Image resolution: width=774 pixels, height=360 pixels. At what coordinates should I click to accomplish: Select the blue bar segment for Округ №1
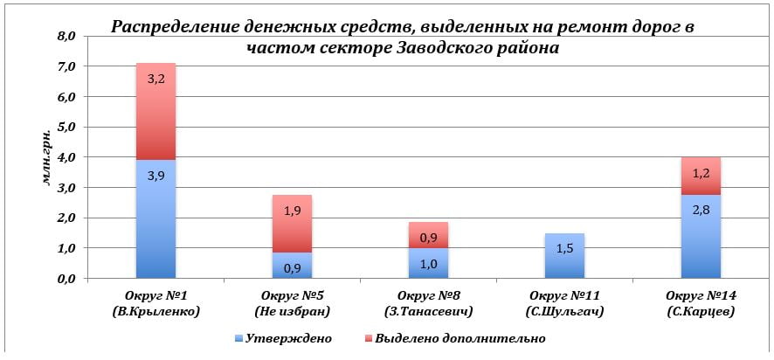click(155, 218)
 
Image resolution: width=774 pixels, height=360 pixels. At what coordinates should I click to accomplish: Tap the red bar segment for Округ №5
click(292, 224)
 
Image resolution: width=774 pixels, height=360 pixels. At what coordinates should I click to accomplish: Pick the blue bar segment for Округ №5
click(292, 266)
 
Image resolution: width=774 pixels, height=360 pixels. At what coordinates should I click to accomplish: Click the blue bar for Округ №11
click(564, 255)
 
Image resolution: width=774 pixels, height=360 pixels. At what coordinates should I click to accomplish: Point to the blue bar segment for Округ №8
click(428, 263)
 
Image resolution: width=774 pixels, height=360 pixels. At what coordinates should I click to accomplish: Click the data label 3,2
click(155, 79)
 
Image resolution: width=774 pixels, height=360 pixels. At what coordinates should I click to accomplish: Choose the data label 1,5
click(564, 250)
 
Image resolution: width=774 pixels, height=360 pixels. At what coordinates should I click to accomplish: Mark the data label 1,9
click(292, 211)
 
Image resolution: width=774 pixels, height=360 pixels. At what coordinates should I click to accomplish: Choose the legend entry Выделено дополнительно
click(460, 337)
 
